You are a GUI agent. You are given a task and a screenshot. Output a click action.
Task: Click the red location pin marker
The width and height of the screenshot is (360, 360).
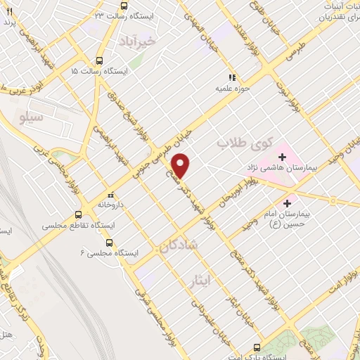[x=181, y=165]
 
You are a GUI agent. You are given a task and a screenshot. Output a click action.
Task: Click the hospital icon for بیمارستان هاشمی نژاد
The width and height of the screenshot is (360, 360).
[x=283, y=155]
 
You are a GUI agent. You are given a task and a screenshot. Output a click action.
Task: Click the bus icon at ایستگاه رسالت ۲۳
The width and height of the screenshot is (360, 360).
[x=124, y=6]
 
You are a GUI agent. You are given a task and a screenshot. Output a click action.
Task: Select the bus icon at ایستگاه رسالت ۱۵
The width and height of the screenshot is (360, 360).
[x=99, y=60]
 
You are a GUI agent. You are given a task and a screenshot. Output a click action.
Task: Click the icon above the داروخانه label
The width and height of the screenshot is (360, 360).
[x=110, y=195]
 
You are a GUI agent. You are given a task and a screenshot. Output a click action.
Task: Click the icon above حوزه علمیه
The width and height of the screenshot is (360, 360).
[x=231, y=77]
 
